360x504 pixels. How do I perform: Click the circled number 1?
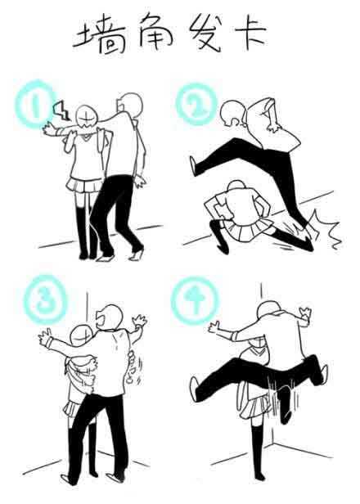tap(34, 103)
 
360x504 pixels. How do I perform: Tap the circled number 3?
tap(45, 299)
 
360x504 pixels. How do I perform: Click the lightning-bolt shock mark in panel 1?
tap(62, 110)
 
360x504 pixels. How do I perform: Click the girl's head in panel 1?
tap(86, 118)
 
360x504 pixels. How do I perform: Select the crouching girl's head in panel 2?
tap(237, 188)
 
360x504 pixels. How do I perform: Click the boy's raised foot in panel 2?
tap(193, 166)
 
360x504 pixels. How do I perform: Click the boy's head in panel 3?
tap(110, 317)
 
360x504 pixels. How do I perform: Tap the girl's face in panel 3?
tap(81, 337)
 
